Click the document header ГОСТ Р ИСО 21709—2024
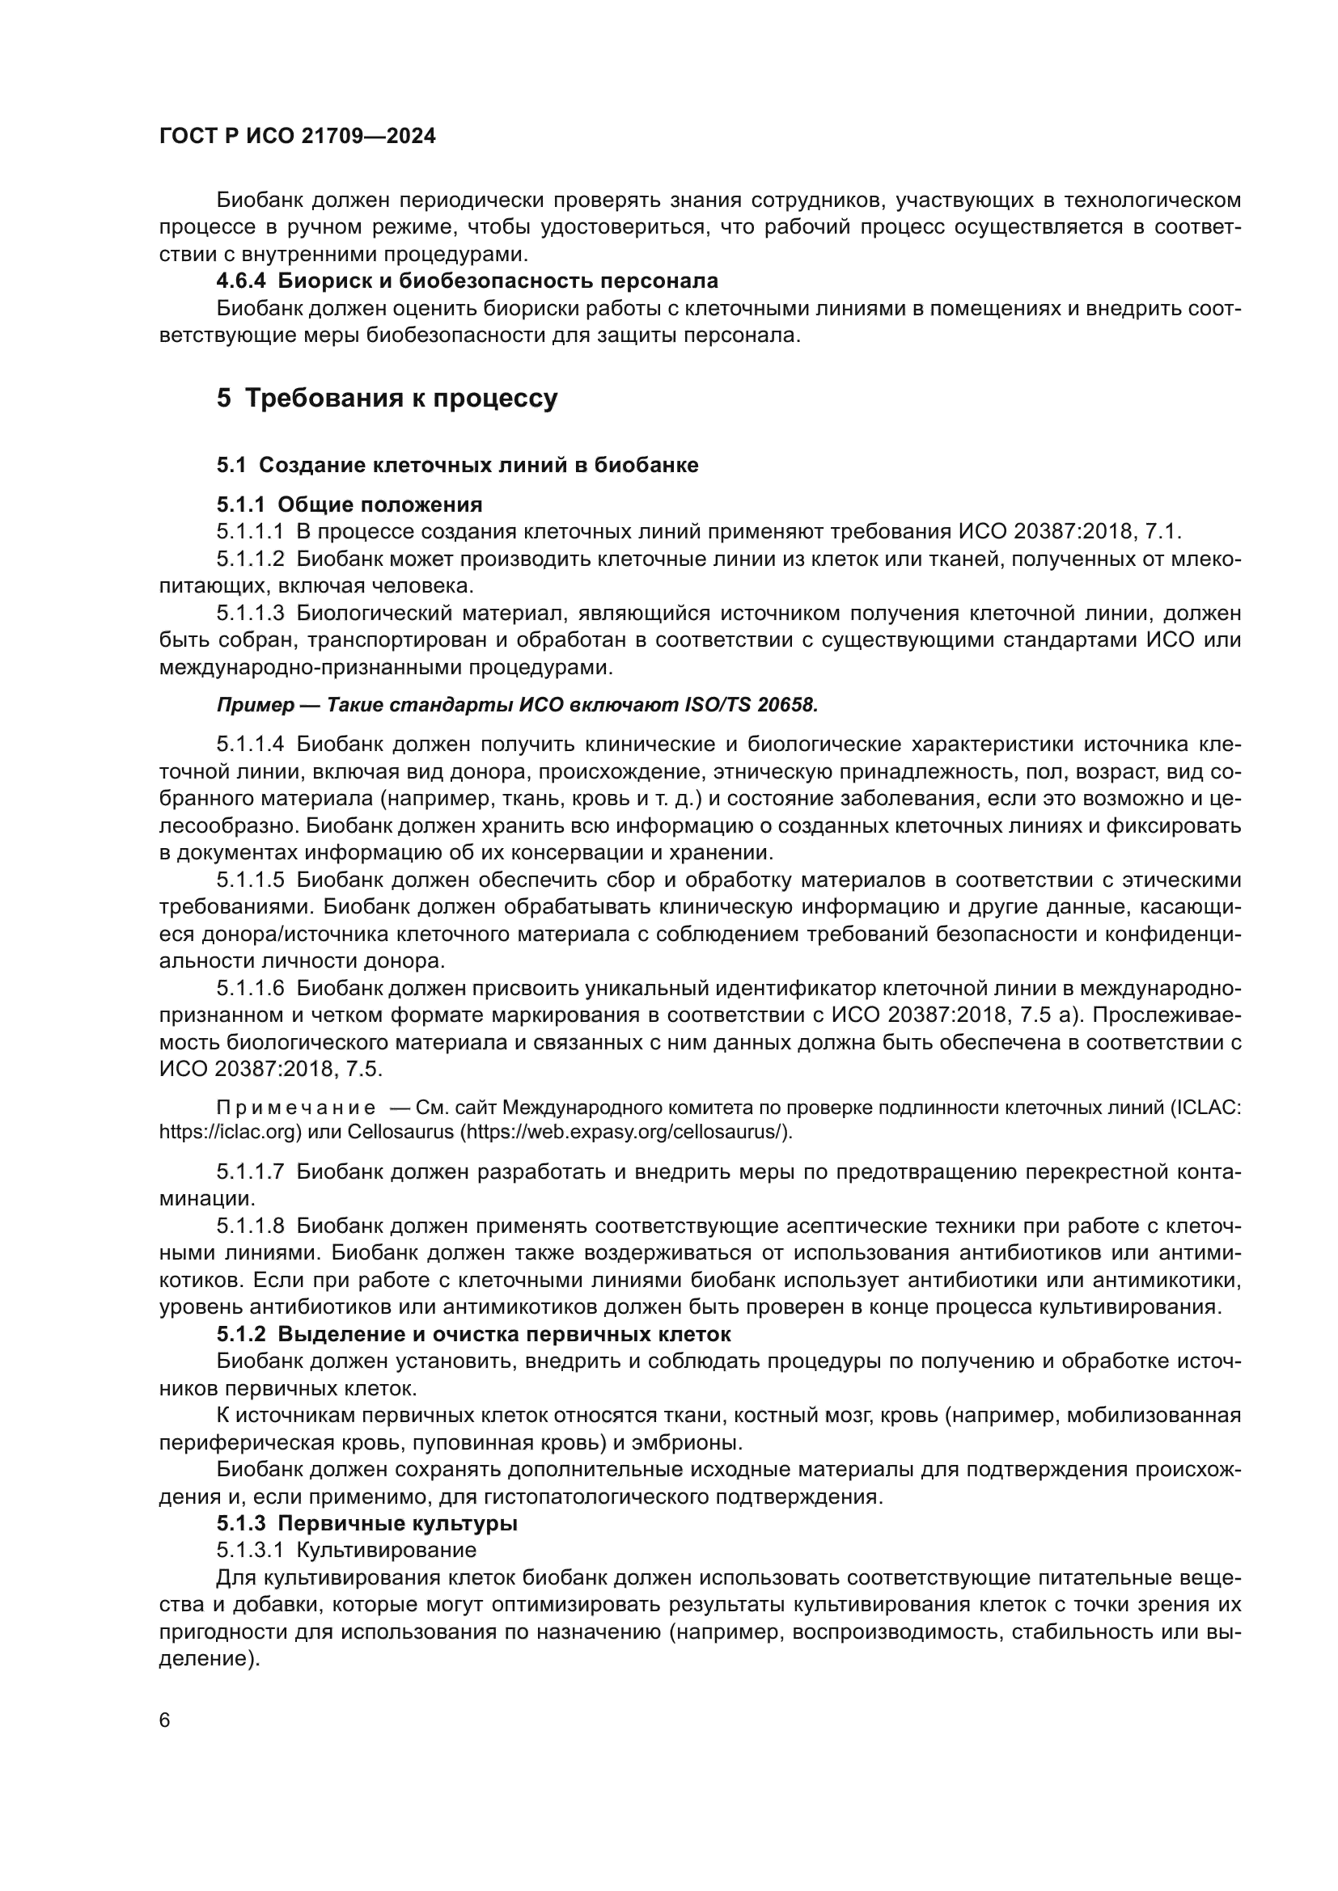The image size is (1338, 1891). (297, 137)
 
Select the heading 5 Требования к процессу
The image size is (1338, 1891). (387, 398)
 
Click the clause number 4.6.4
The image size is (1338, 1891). (240, 281)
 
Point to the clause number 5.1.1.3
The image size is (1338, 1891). (250, 613)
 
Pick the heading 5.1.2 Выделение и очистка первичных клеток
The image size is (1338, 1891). (474, 1333)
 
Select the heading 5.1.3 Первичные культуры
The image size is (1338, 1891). (366, 1524)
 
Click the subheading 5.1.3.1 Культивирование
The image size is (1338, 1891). (346, 1550)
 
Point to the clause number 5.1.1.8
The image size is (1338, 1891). (250, 1226)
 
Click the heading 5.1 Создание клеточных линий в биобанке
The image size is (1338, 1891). (457, 466)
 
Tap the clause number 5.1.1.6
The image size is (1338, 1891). (250, 988)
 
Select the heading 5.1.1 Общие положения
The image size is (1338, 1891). (349, 504)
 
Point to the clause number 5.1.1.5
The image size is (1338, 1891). (250, 880)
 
